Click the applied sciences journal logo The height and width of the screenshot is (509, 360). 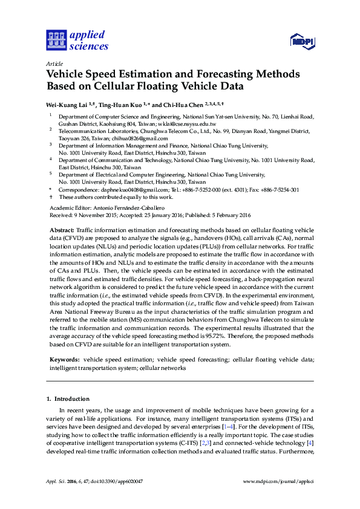coord(77,41)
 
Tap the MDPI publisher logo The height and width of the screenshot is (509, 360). coord(303,42)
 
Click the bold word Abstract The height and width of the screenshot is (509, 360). coord(61,230)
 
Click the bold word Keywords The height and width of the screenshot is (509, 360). coord(64,359)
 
